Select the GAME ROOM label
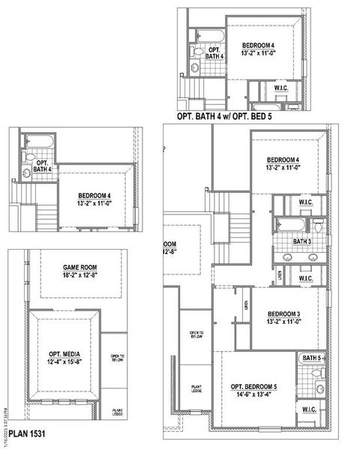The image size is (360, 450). (80, 268)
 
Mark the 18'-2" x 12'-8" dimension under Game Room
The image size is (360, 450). (80, 276)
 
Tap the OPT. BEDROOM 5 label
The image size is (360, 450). (248, 385)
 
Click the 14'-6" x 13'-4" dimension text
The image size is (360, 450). (248, 394)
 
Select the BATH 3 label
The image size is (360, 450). (301, 241)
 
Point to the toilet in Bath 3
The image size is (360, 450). (318, 225)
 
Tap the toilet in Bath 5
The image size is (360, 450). (320, 388)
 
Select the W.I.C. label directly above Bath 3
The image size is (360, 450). (306, 202)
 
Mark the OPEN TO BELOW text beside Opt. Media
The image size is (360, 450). (117, 358)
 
